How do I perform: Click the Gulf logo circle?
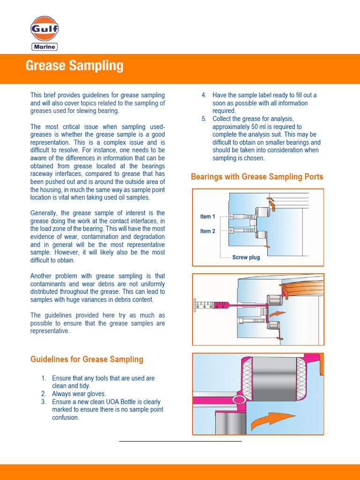coord(45,29)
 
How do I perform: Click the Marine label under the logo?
coord(45,46)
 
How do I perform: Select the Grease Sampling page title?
coord(75,66)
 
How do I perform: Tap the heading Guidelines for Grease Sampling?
coord(87,360)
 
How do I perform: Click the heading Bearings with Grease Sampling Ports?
coord(257,177)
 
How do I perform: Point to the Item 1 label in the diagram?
coord(208,217)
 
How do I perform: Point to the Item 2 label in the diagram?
coord(208,231)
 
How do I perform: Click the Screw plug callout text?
coord(246,257)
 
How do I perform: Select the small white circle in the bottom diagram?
coord(239,400)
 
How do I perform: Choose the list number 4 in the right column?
coord(204,95)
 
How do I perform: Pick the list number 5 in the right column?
coord(204,119)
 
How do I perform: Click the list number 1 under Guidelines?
coord(44,378)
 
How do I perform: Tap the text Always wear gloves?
coord(79,394)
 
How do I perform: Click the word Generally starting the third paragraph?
coord(45,213)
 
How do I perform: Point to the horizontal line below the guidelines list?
coord(180,441)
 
